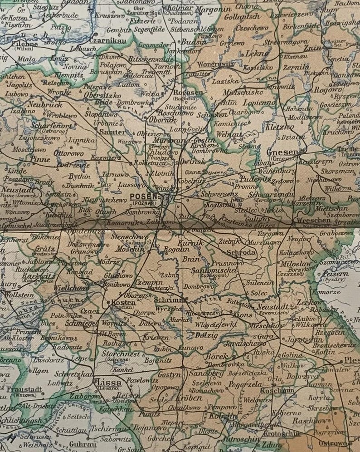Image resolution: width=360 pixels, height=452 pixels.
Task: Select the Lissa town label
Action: (110, 383)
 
